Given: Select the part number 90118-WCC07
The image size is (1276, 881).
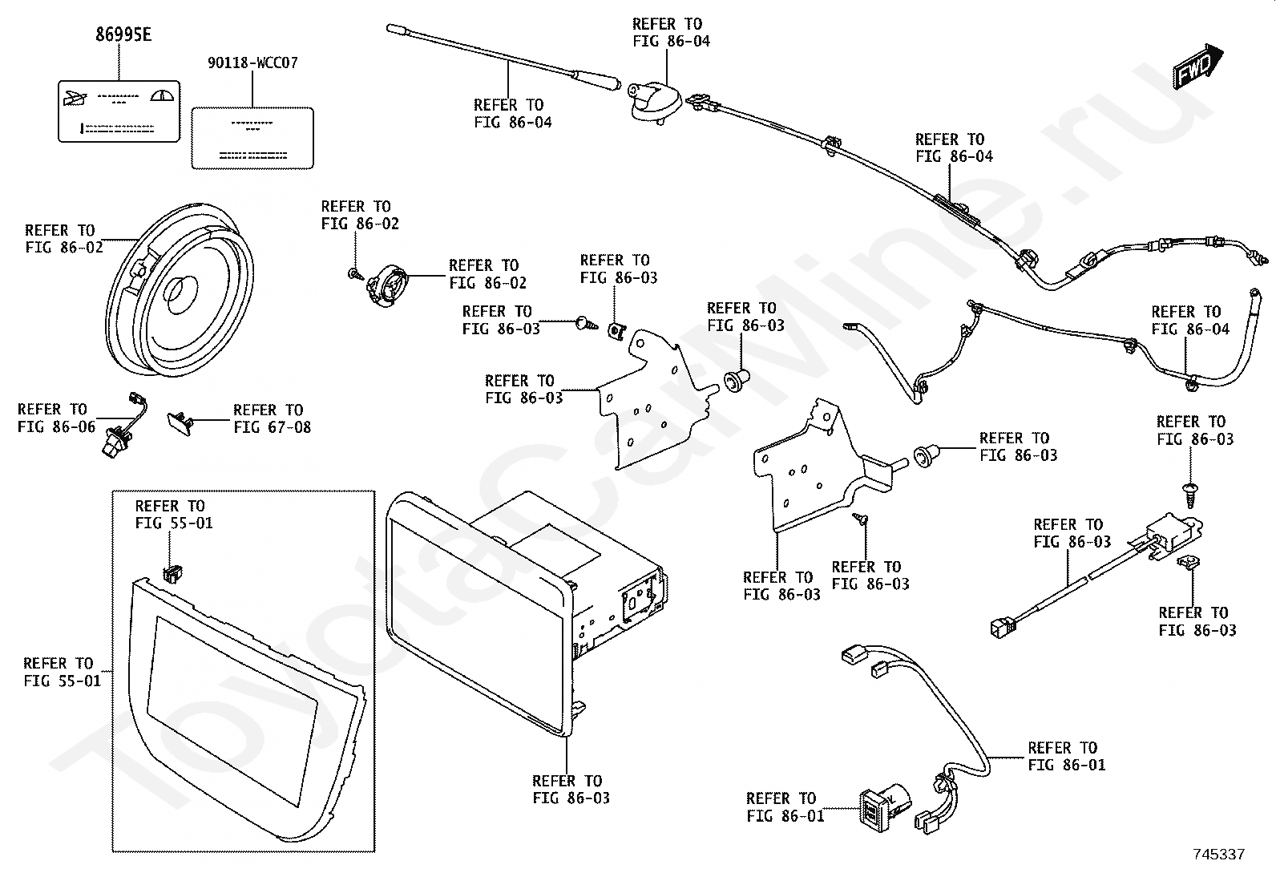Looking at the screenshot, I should click(x=252, y=63).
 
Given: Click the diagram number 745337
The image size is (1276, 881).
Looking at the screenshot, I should click(x=1218, y=855).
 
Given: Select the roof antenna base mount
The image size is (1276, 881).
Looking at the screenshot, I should click(x=654, y=103).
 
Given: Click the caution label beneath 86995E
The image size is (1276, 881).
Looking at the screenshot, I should click(x=119, y=111).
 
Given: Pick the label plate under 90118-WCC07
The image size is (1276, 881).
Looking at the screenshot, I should click(x=252, y=138).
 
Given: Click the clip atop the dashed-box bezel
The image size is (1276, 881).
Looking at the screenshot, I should click(x=172, y=572).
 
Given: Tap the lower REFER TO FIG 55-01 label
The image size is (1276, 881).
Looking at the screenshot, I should click(x=58, y=672).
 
